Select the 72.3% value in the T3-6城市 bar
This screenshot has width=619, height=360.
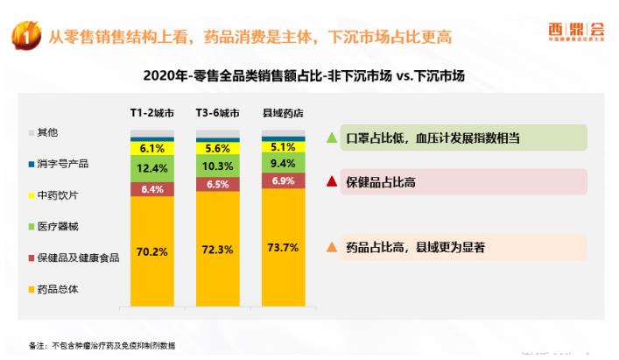click(x=216, y=250)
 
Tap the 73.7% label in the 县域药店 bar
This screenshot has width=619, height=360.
click(x=282, y=248)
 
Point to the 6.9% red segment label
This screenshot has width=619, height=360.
click(x=282, y=180)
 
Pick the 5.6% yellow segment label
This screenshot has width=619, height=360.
click(x=216, y=149)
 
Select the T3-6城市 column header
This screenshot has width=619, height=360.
click(x=216, y=114)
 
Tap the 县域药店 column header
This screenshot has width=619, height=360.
click(x=282, y=114)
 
